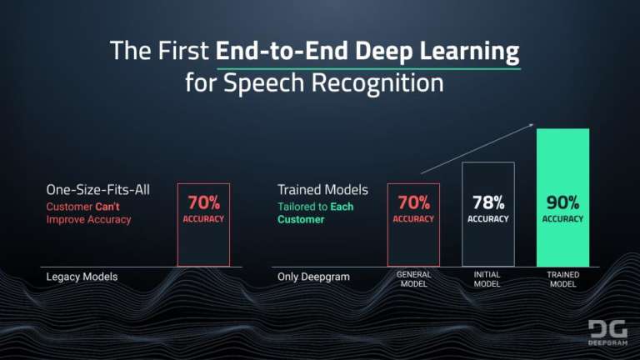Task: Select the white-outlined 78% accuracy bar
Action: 487,213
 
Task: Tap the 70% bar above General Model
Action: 413,225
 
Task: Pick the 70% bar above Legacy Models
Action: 202,225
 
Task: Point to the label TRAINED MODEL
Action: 562,279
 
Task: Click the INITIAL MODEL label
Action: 487,279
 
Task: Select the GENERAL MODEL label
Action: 413,279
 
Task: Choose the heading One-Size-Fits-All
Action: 97,190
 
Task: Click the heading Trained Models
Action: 322,190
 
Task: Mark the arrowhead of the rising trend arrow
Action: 531,126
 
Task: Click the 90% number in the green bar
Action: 562,202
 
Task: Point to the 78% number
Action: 487,202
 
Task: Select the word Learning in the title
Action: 470,51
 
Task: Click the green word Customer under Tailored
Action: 301,220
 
